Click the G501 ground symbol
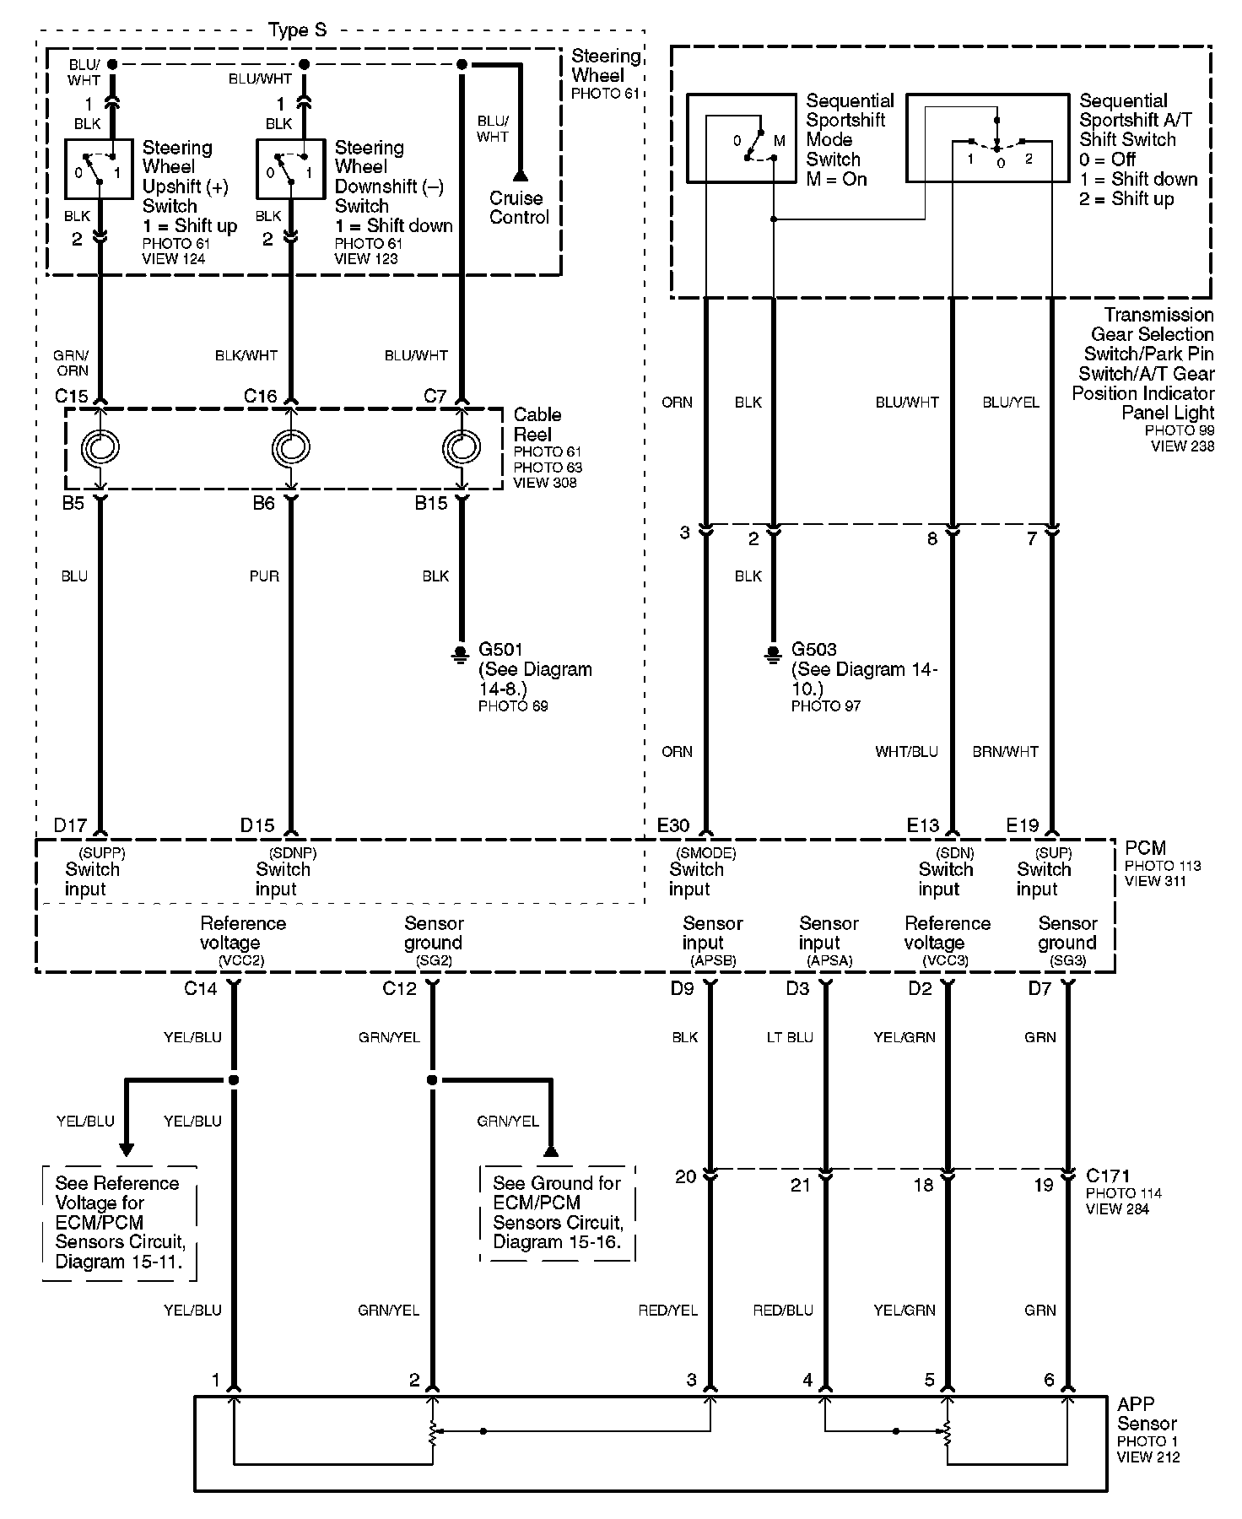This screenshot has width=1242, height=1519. pos(461,653)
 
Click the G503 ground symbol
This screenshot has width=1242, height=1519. pos(773,653)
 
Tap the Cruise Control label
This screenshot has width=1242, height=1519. pos(519,208)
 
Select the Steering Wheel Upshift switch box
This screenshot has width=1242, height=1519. pos(100,169)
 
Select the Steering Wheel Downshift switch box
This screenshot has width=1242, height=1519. pos(291,169)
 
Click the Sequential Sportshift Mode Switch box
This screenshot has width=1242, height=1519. pos(741,138)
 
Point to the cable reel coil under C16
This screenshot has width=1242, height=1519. pos(291,447)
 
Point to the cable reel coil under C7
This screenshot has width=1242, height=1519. pos(462,447)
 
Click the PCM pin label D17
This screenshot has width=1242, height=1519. pos(70,825)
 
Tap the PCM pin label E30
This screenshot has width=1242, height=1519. pos(673,825)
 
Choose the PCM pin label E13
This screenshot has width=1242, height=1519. pos(923,825)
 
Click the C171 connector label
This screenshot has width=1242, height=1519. pos(1108,1176)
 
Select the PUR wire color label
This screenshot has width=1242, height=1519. pos(264,576)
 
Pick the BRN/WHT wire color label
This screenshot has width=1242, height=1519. pos(1005,752)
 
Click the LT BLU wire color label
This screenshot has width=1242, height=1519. pos(790,1037)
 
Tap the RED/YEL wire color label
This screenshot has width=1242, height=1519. pos(668,1311)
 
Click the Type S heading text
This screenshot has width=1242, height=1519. pos(297,31)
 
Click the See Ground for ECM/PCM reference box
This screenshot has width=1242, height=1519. pos(557,1213)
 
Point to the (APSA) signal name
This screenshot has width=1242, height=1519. pos(829,961)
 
